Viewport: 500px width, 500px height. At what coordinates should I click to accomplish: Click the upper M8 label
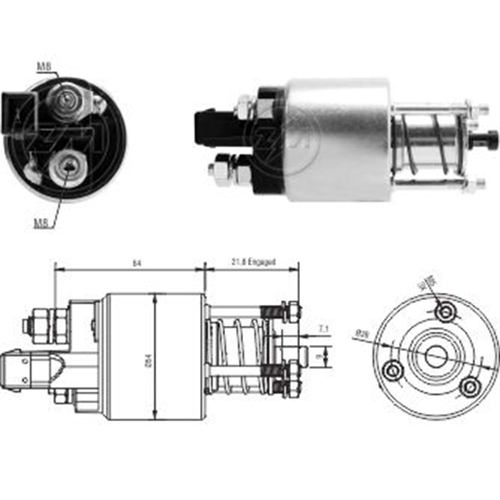click(44, 67)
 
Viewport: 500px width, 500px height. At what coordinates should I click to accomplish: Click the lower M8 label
click(41, 223)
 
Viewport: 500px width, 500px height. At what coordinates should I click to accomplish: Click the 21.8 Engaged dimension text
click(254, 262)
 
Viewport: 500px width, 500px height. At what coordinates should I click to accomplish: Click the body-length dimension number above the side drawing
click(137, 263)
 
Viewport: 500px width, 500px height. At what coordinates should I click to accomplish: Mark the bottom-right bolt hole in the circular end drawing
click(470, 387)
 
